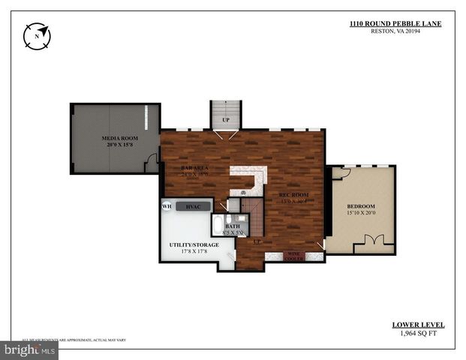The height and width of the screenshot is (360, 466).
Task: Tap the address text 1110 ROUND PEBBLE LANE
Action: pyautogui.click(x=395, y=24)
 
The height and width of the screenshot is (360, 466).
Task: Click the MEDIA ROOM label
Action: pyautogui.click(x=120, y=139)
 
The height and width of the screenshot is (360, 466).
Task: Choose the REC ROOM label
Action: pyautogui.click(x=293, y=195)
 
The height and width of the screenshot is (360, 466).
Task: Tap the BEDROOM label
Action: pyautogui.click(x=360, y=206)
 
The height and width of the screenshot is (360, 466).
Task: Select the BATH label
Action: pyautogui.click(x=233, y=226)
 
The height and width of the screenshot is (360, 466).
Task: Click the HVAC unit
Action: pyautogui.click(x=193, y=205)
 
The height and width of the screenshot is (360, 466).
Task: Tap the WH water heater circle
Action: pyautogui.click(x=167, y=205)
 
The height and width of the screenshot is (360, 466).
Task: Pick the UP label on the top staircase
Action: pyautogui.click(x=225, y=120)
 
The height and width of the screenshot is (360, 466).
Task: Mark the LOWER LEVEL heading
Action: pyautogui.click(x=418, y=325)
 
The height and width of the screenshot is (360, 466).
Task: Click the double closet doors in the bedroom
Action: pyautogui.click(x=373, y=242)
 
